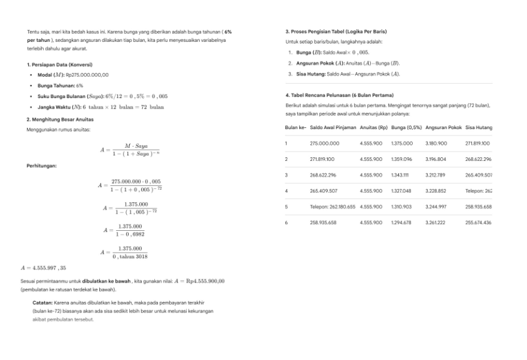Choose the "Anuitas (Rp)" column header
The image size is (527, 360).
[373, 127]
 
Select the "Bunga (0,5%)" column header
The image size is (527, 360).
[406, 127]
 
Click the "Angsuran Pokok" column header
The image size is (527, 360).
[443, 127]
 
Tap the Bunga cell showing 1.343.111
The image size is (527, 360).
[402, 175]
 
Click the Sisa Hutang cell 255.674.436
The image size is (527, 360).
[478, 222]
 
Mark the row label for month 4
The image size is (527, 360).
[287, 190]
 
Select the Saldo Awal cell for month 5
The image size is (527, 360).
[332, 207]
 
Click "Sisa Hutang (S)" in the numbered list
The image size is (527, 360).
[318, 74]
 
